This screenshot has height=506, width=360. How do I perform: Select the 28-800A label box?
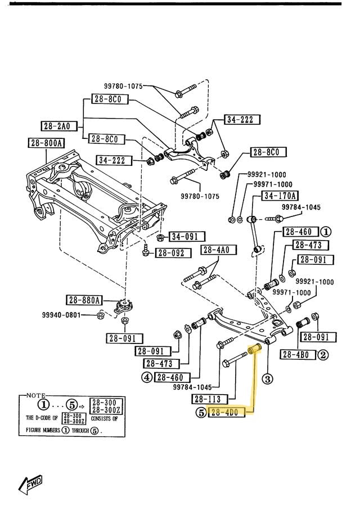tap(46, 143)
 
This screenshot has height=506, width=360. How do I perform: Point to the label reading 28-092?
tap(170, 253)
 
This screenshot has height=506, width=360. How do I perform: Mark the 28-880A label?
tap(84, 300)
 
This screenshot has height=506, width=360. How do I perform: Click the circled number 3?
tap(268, 378)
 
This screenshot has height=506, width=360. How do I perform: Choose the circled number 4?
tap(146, 377)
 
